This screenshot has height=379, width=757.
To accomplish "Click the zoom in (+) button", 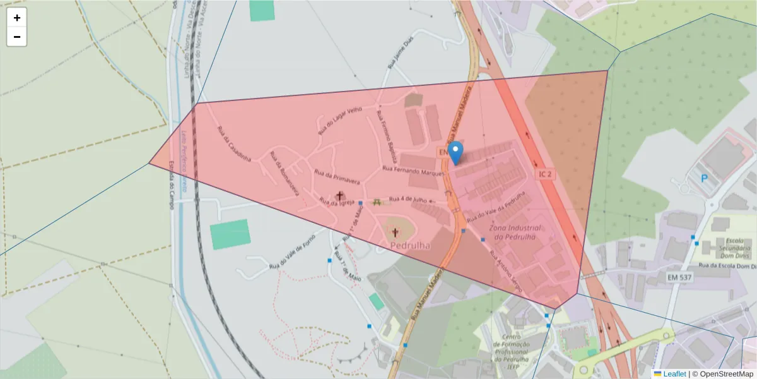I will tap(17, 18).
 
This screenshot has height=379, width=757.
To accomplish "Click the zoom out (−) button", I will tap(17, 37).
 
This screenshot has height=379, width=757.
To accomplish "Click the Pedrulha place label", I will tap(410, 246).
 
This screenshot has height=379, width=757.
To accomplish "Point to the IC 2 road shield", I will tap(546, 173).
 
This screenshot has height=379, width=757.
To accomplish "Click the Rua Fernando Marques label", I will tap(413, 171).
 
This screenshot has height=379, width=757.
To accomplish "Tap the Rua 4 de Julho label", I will tap(408, 200).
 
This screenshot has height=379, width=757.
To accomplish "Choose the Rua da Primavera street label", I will tap(337, 177).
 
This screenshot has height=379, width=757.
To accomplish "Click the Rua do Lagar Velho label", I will tap(340, 120).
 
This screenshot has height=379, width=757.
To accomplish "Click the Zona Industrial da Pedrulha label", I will tap(516, 232).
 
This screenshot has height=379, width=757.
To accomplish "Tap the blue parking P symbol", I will tap(704, 178).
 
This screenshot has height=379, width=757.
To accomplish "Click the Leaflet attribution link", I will tap(674, 374).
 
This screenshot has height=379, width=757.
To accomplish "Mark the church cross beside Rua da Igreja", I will tap(341, 196).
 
